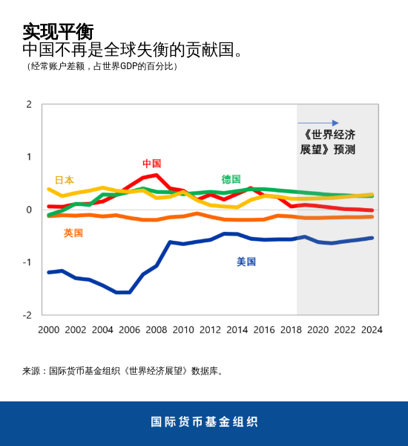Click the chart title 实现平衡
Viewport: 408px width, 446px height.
(x=58, y=31)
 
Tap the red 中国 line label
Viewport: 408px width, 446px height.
(x=151, y=164)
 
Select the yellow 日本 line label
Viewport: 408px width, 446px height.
(x=65, y=180)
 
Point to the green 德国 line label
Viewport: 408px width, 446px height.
(x=231, y=179)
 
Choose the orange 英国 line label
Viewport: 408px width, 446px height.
(x=73, y=233)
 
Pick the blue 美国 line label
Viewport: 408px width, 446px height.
(x=246, y=262)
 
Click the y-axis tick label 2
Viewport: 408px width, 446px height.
(x=29, y=104)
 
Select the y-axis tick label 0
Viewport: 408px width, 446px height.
(x=29, y=210)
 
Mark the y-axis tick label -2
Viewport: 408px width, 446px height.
(x=27, y=315)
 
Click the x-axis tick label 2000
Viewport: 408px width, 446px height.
(x=48, y=329)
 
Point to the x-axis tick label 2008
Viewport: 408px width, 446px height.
(x=157, y=329)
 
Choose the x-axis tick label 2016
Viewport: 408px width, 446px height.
(x=264, y=329)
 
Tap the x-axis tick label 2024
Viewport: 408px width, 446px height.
(x=372, y=329)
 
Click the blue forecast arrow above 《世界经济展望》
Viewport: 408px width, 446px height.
(x=318, y=123)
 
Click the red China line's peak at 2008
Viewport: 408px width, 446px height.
(x=156, y=175)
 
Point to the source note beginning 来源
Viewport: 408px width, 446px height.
(x=122, y=370)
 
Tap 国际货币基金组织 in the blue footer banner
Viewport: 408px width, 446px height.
(x=204, y=421)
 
